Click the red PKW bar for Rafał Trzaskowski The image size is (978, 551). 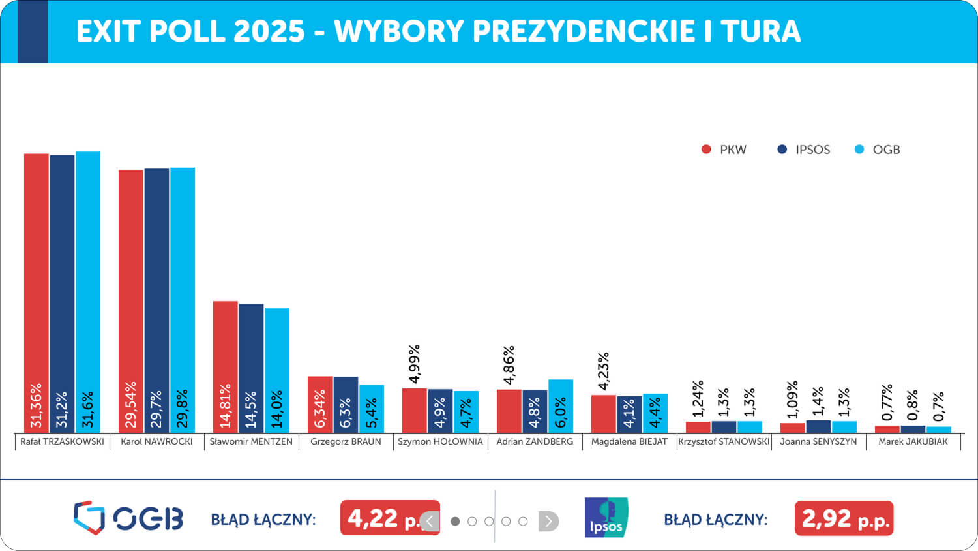click(x=37, y=293)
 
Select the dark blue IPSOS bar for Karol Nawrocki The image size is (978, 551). click(x=156, y=301)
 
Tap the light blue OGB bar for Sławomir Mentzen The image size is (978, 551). click(x=277, y=371)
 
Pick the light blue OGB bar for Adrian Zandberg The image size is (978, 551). click(x=561, y=406)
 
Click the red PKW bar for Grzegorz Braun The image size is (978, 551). click(x=320, y=405)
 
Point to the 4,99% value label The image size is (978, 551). click(x=414, y=364)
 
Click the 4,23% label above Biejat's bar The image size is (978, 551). click(x=603, y=371)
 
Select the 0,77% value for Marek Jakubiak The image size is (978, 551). click(x=887, y=403)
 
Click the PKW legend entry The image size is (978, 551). click(x=724, y=150)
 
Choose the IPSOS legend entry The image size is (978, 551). click(x=804, y=150)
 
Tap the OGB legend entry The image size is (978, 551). click(x=877, y=150)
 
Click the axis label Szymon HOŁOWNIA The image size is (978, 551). click(x=440, y=442)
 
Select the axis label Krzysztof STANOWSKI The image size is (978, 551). click(x=724, y=442)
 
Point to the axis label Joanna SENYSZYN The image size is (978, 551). click(x=819, y=442)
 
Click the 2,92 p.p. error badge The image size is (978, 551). click(x=844, y=518)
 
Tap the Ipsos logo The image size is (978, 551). click(x=606, y=517)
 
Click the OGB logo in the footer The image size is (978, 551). click(x=128, y=518)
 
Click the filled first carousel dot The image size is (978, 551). click(x=455, y=521)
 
